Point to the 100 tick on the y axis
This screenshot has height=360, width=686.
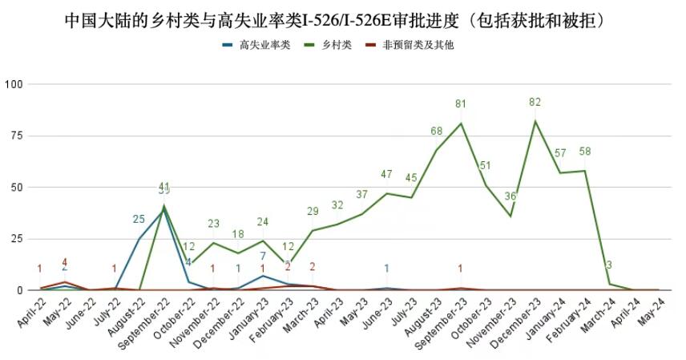(15, 84)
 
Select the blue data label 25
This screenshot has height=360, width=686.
(139, 219)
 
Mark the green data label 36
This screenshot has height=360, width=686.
(510, 197)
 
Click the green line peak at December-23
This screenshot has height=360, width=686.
(535, 121)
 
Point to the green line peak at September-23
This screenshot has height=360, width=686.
(461, 123)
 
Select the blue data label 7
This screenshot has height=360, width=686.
(263, 257)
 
